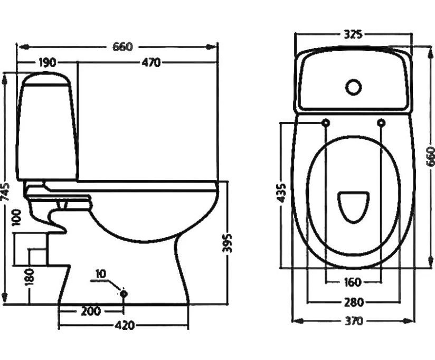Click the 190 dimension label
coord(47,63)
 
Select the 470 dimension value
coord(150,63)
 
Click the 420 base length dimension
coord(124,326)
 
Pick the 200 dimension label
coord(90,311)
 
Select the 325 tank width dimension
coord(353,35)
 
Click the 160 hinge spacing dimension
coord(353,282)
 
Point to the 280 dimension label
coord(353,302)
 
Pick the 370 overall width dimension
coord(353,321)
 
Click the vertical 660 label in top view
coord(430,157)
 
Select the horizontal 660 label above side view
coord(122,46)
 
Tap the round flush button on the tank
coord(353,87)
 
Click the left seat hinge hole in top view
coord(326,123)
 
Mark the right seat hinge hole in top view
coord(381,123)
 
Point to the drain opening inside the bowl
coord(353,206)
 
